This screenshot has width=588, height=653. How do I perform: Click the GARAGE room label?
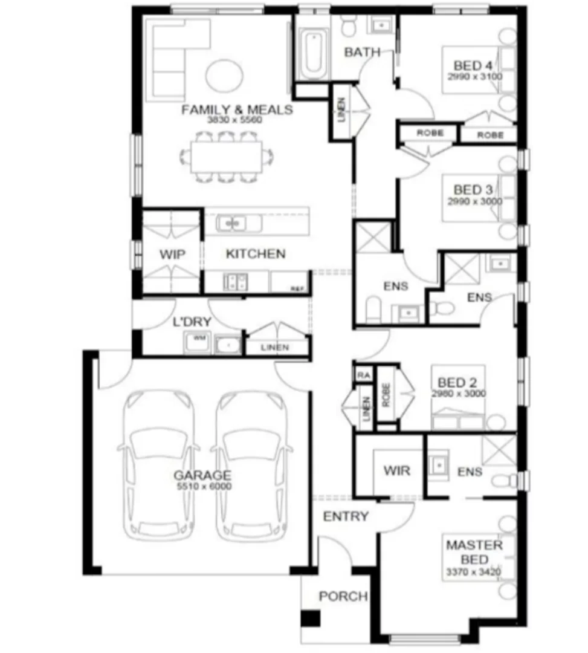[202, 475]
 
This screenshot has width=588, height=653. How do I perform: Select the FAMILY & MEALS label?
[237, 110]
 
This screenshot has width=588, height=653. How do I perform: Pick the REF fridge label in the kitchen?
[297, 290]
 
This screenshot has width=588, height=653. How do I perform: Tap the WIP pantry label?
[172, 254]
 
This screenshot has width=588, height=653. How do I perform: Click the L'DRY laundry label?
[192, 322]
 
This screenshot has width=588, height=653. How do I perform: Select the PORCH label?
[343, 597]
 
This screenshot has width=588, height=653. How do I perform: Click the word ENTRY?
[345, 516]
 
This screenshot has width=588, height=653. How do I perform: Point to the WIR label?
[396, 470]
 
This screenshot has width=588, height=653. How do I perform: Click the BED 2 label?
[457, 383]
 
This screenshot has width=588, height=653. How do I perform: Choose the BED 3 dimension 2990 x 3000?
[474, 201]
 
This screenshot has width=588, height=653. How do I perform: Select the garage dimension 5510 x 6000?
[202, 486]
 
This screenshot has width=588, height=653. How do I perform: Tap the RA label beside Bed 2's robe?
[364, 375]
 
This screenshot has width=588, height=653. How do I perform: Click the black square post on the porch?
[311, 619]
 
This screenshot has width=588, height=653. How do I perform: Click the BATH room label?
[363, 53]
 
